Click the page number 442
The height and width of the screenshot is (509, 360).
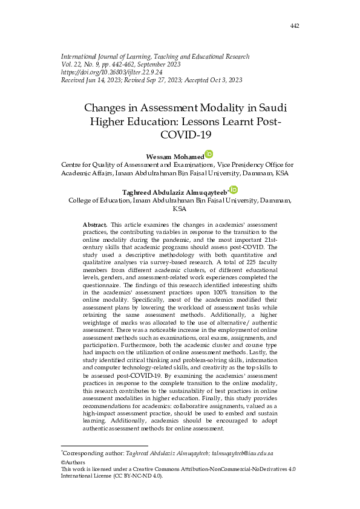pos(295,25)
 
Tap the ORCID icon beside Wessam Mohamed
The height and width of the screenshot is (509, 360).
pos(209,154)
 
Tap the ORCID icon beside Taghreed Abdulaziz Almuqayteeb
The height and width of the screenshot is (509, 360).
pos(234,190)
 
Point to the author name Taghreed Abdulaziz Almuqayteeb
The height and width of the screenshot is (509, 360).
pos(174,192)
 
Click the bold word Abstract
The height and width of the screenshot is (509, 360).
pos(96,224)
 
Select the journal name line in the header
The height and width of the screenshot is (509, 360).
pos(155,56)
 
